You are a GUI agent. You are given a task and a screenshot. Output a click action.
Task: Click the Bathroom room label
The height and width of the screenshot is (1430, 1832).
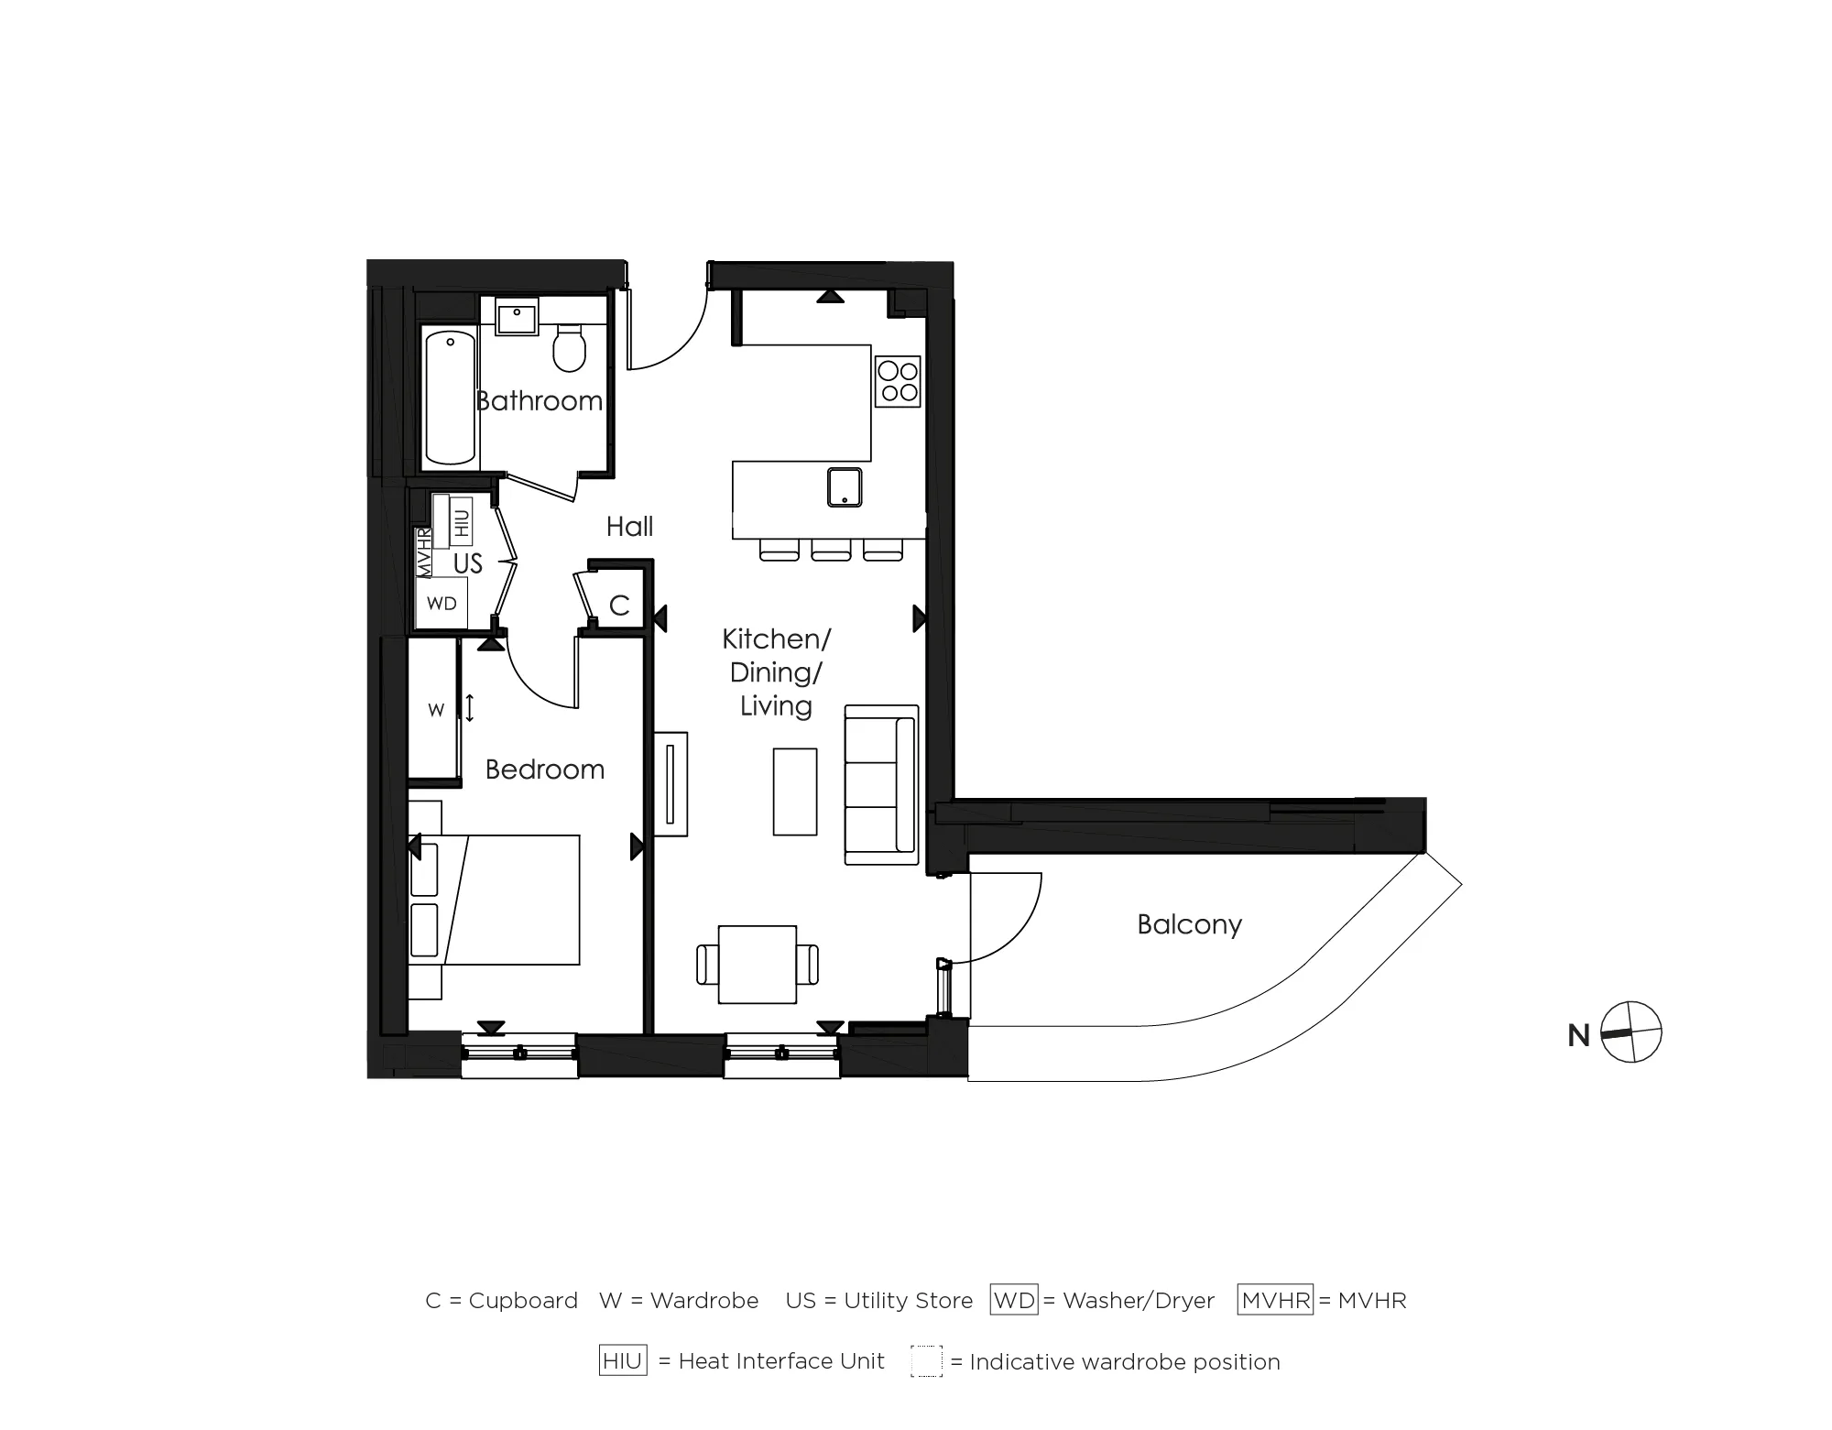[x=539, y=401]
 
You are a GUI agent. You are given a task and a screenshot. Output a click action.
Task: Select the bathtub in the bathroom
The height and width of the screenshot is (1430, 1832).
[x=451, y=398]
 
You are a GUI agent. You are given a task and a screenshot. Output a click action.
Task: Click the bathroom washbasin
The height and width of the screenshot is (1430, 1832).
[x=517, y=320]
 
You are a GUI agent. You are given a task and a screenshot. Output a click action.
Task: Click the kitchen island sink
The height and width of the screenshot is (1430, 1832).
[x=844, y=486]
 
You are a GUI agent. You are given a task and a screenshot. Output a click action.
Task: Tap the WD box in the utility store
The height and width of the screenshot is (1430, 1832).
[x=442, y=604]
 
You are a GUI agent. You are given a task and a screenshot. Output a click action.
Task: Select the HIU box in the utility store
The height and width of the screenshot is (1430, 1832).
[x=461, y=522]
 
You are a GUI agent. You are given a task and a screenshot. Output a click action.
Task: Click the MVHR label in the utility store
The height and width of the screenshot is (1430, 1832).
[x=424, y=551]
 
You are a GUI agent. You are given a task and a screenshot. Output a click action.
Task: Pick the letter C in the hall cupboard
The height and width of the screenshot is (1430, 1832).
[x=619, y=606]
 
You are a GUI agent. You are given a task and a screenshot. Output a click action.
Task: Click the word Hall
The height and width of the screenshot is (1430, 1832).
[x=629, y=527]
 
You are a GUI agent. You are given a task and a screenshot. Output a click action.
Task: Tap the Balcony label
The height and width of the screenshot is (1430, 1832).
[x=1189, y=924]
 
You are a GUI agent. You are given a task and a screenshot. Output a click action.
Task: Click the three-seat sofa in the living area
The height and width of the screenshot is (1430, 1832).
[x=880, y=784]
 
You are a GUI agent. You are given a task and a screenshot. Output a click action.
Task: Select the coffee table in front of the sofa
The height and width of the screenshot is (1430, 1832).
[x=794, y=791]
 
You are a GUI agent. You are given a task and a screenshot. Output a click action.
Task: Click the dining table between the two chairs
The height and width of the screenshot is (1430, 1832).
[x=758, y=964]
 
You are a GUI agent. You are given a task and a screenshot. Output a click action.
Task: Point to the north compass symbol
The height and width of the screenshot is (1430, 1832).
[x=1630, y=1032]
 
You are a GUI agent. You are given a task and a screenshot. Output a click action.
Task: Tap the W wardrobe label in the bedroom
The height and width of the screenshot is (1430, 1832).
[x=436, y=710]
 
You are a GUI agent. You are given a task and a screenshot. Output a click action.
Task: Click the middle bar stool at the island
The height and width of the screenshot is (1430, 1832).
[x=831, y=550]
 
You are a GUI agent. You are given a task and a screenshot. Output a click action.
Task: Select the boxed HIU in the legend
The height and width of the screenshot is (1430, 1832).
[x=623, y=1361]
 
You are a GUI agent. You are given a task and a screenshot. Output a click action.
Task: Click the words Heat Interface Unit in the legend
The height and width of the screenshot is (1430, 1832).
[x=781, y=1361]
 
